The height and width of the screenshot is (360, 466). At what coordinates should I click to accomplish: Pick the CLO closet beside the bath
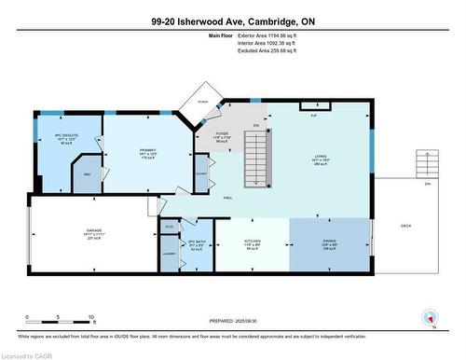[x=170, y=227]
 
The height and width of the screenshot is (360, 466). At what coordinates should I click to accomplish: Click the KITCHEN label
[x=251, y=243]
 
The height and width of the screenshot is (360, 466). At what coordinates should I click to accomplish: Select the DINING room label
[x=329, y=243]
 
